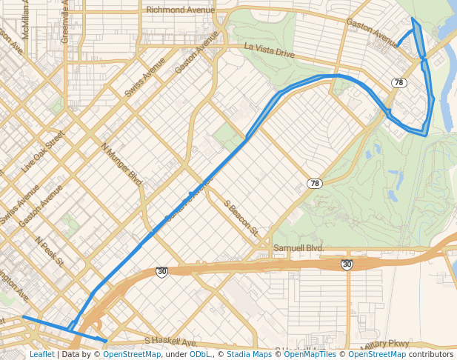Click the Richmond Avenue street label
coord(181,10)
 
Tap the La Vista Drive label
coord(270,51)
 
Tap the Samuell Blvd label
coord(298,247)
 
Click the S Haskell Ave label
coord(170,342)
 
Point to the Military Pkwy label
coord(384,344)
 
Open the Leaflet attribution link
coord(41,354)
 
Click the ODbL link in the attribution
coord(200,354)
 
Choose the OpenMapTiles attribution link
coord(310,354)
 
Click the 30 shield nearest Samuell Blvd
coord(347,264)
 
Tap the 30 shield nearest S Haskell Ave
coord(161,272)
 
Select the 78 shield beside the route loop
coord(399,82)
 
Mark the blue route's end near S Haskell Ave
coord(107,341)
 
